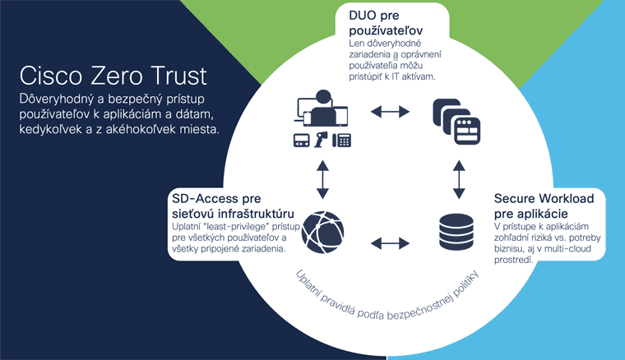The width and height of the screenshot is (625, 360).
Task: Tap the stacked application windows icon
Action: (x=456, y=121)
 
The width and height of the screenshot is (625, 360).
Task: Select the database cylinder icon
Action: (x=456, y=232)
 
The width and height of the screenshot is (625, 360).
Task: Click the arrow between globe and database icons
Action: (x=389, y=242)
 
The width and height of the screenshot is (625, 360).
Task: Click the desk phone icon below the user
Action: (x=342, y=140)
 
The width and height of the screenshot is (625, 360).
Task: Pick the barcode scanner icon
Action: (x=322, y=140)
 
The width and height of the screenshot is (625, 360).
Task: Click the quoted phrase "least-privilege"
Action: (x=239, y=226)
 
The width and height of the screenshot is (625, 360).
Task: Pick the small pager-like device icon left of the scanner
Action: (x=300, y=140)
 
